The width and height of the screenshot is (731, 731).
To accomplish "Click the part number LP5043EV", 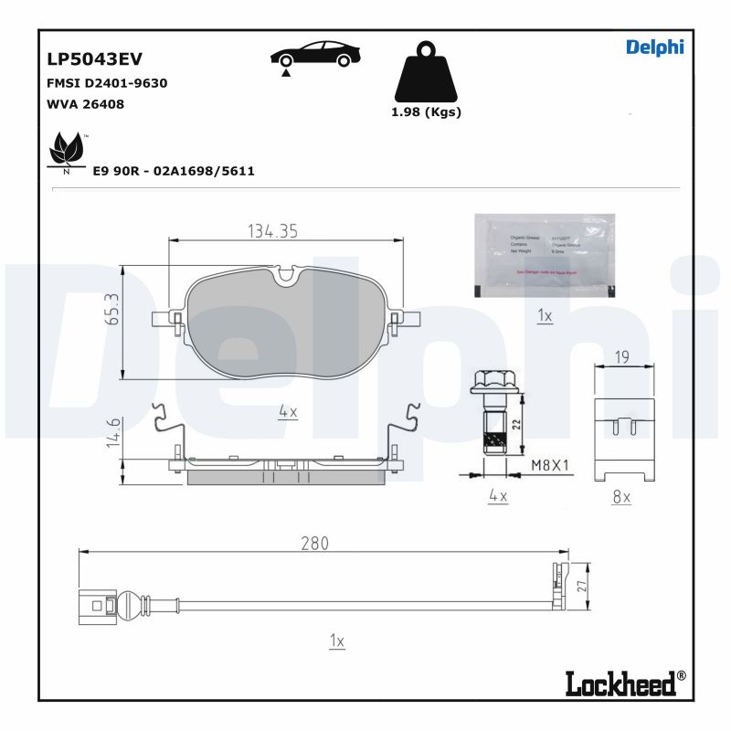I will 94,58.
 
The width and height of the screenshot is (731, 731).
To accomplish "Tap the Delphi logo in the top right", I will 654,48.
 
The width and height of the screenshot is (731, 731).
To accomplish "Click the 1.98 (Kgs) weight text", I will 426,112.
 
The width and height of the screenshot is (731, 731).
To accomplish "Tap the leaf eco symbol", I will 66,149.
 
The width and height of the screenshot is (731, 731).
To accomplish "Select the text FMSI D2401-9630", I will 106,83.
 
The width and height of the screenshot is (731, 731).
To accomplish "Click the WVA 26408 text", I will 85,104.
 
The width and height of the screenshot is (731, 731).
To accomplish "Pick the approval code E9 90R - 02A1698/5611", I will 173,171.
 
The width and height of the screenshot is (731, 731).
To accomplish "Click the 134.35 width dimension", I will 272,232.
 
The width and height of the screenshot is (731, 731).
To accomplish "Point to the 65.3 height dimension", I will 112,309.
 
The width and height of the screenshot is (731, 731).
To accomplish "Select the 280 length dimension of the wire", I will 313,543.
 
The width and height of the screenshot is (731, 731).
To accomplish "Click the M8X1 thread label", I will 550,465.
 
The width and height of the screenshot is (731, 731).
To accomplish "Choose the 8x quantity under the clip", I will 620,496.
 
